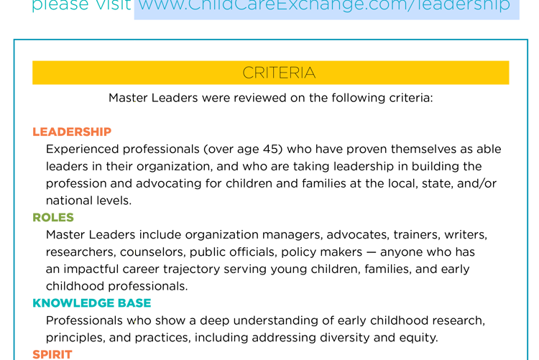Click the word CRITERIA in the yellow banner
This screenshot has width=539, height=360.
point(279,73)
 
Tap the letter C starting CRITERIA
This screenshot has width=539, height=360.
point(248,73)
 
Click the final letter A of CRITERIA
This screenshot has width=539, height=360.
point(310,73)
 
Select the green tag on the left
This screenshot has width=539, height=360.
point(54,216)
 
